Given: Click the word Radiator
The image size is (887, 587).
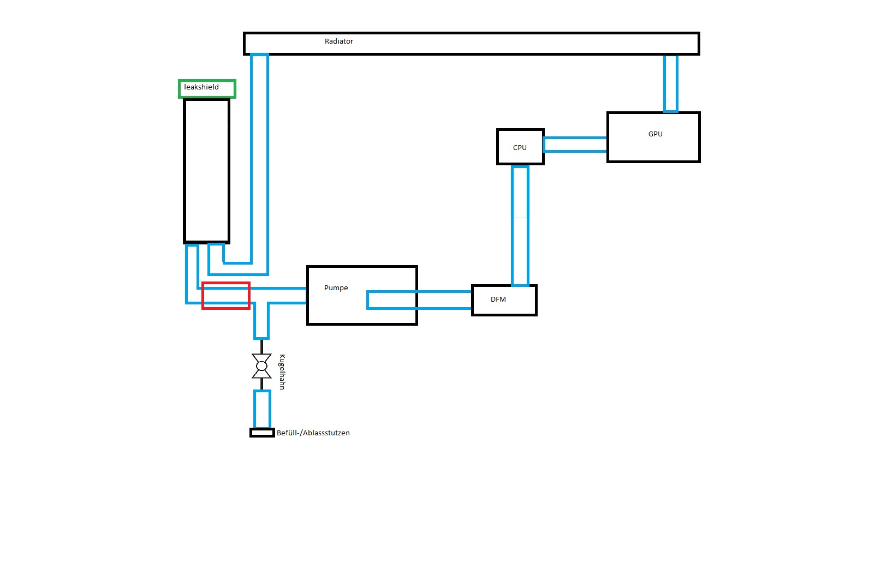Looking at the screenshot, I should click(338, 41).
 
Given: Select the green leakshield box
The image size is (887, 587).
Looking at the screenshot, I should click(207, 88).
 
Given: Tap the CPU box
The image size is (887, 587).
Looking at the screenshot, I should click(520, 147).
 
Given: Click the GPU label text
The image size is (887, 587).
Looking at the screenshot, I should click(655, 134).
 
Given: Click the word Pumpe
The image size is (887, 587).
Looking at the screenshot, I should click(336, 288).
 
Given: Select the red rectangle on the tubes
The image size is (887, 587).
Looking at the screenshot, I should click(226, 296).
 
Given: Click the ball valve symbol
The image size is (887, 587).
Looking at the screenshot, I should click(261, 366).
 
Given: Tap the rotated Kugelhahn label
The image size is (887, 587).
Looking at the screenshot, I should click(282, 372).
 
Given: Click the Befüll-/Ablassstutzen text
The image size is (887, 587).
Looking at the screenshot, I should click(313, 433).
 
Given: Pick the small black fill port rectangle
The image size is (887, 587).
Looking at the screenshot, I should click(262, 433).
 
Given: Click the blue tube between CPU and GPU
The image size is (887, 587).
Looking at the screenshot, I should click(575, 145).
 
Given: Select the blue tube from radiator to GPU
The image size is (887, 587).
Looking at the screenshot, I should click(670, 83).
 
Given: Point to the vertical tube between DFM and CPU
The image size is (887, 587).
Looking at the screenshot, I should click(520, 225).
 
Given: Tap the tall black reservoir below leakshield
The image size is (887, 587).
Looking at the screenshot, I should click(206, 170).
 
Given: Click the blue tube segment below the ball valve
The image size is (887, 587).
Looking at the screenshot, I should click(262, 409).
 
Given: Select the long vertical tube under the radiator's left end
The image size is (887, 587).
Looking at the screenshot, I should click(260, 158).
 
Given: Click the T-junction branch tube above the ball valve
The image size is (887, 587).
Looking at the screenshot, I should click(261, 322).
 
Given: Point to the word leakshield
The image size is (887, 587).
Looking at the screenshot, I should click(201, 87).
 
